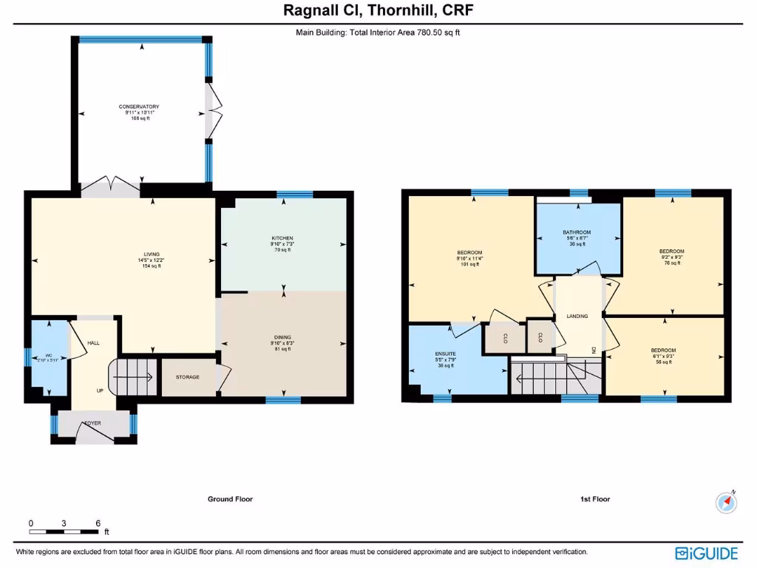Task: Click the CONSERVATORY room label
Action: [139, 107]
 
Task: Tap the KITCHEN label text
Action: [282, 238]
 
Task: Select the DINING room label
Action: [282, 337]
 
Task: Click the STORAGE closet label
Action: [187, 377]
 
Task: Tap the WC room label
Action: [49, 356]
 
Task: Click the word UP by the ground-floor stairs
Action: [99, 390]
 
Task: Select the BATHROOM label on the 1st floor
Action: [577, 232]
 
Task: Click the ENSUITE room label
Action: [445, 354]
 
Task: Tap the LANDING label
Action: [577, 316]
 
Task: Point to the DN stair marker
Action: [594, 350]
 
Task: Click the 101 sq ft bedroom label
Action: [469, 253]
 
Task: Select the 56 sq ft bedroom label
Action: [663, 351]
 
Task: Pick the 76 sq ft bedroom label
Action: [672, 251]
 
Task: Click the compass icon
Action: [727, 502]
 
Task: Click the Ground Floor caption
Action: [230, 499]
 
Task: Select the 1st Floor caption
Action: [595, 499]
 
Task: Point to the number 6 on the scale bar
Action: [98, 523]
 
